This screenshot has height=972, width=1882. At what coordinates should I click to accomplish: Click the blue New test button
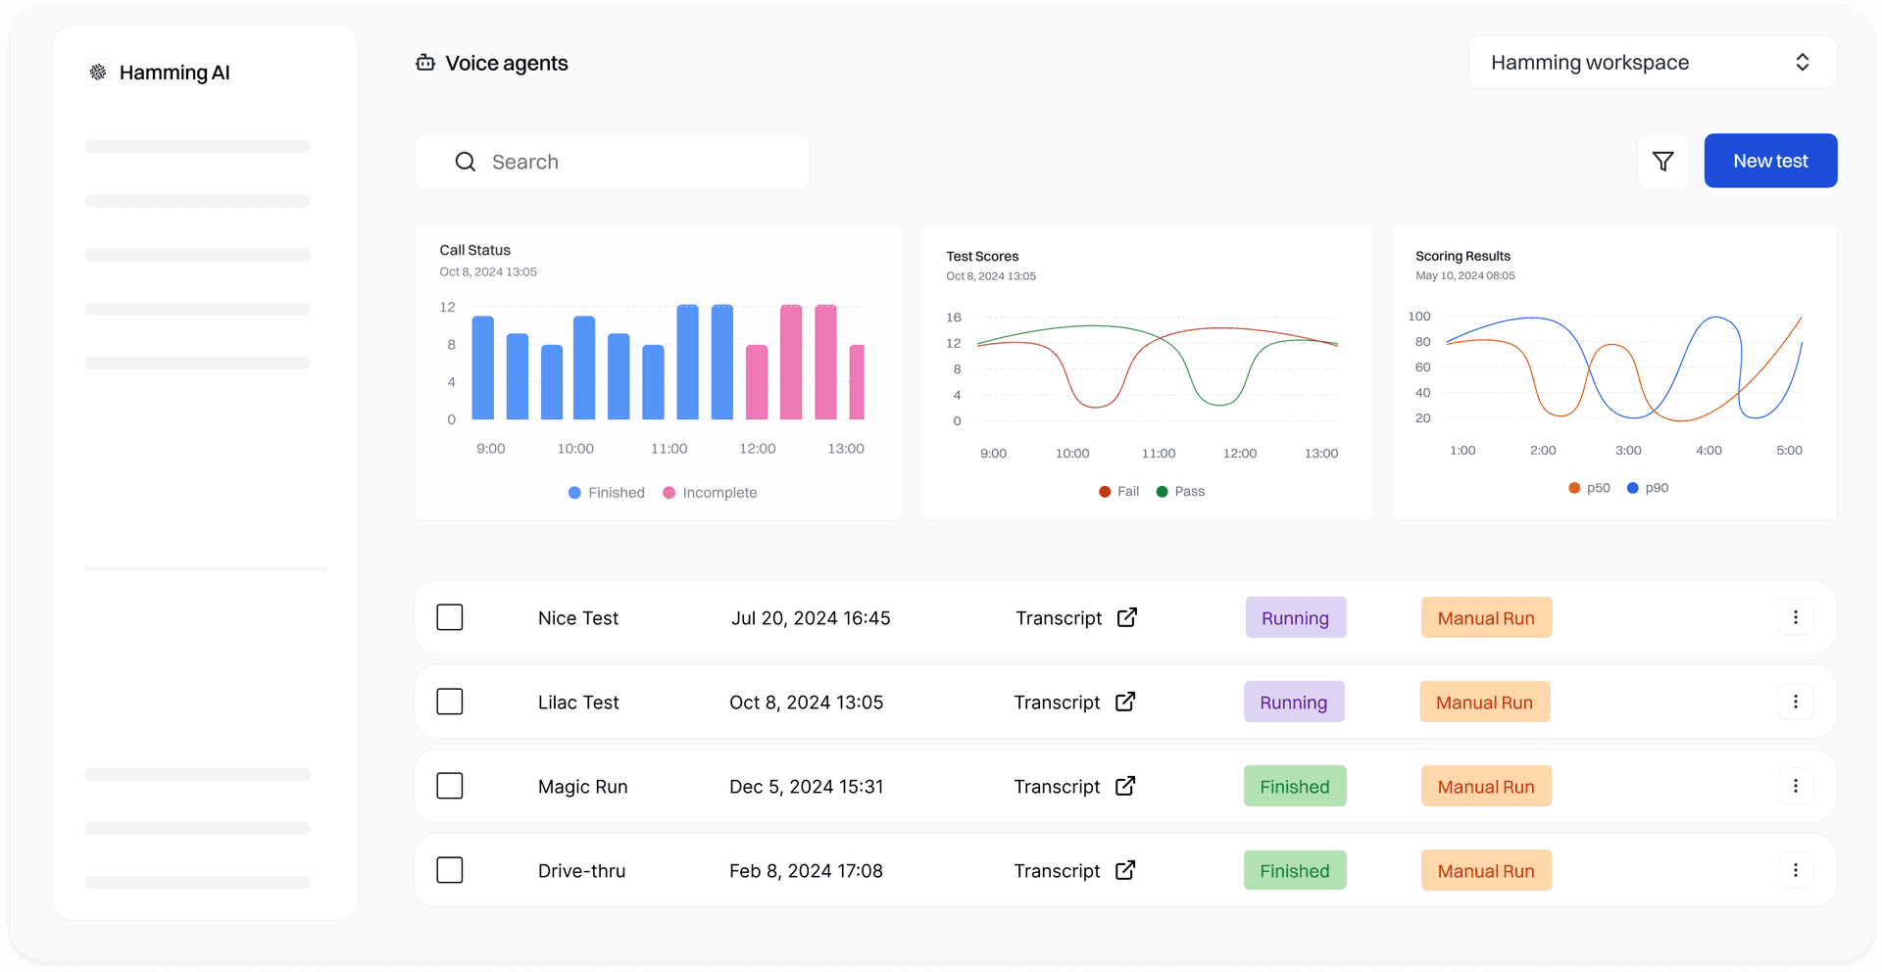pos(1770,161)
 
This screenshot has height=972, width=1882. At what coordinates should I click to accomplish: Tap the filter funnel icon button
pos(1662,162)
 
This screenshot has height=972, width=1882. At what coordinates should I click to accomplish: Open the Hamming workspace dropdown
pos(1652,63)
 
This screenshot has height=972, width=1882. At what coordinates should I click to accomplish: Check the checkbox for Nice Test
pos(450,617)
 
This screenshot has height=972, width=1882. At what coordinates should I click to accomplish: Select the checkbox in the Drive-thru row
pos(450,870)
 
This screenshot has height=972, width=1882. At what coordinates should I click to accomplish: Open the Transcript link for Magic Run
pos(1074,787)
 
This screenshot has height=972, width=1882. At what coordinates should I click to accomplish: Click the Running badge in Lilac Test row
pos(1294,703)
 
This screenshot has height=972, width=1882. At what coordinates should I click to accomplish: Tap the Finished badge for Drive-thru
pos(1295,871)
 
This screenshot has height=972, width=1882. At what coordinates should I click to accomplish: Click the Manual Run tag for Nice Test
pos(1486,618)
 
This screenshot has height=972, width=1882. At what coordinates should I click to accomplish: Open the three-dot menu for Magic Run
pos(1795,786)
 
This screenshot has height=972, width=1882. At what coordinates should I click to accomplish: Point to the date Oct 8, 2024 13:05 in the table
pos(806,703)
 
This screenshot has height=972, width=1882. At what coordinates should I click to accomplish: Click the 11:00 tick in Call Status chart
pos(669,449)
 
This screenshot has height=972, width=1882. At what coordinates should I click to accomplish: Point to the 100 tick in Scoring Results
pos(1418,316)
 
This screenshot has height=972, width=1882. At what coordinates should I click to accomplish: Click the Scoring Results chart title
pos(1462,257)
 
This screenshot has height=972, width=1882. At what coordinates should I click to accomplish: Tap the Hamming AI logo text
pos(173,73)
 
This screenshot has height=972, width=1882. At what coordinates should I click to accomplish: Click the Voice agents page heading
pos(506,64)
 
